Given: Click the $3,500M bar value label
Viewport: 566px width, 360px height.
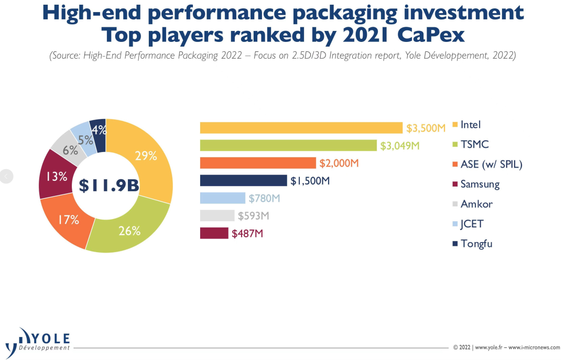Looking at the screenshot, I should coord(426,128).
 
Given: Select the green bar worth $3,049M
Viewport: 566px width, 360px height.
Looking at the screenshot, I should coord(288,145).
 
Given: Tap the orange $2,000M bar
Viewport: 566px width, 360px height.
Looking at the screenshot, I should coord(258,163).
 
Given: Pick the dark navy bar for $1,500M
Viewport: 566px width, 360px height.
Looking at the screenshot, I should coord(243,181).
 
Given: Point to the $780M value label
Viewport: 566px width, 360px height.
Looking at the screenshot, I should coord(265,198).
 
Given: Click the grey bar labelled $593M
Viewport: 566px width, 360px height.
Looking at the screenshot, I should coord(217,215).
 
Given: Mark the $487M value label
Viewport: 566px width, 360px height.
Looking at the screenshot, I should coord(247,233).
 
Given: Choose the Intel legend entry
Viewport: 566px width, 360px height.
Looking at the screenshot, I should coord(470,125).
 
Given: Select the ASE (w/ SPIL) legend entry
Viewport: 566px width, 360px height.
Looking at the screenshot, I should coord(491,165).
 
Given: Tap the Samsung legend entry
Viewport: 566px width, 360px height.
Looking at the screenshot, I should coord(480,184).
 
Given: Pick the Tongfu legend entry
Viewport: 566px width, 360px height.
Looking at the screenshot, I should coord(476,243).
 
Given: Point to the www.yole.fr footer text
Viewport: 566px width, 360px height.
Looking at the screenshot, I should coord(489,347).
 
